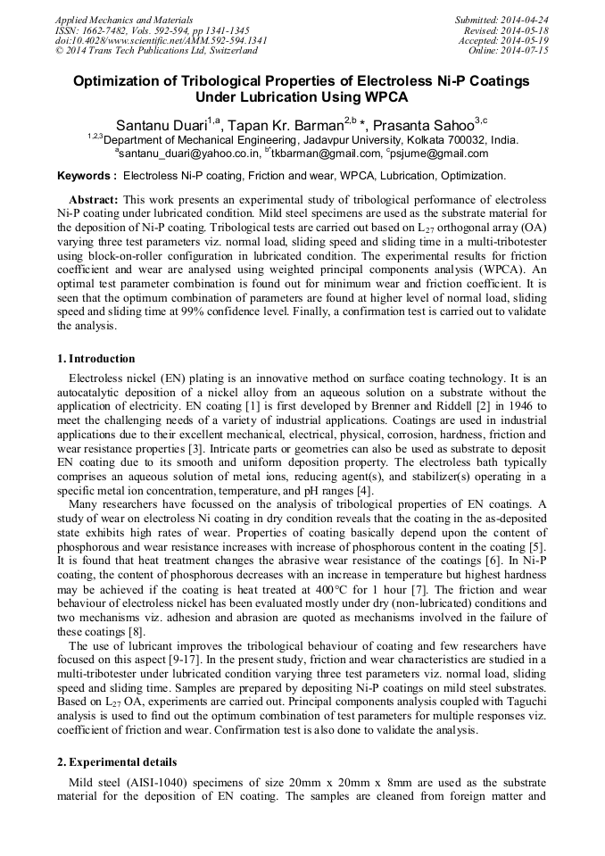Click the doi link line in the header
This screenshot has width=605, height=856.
161,40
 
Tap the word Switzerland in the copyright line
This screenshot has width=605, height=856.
228,51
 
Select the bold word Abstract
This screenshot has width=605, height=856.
93,200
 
